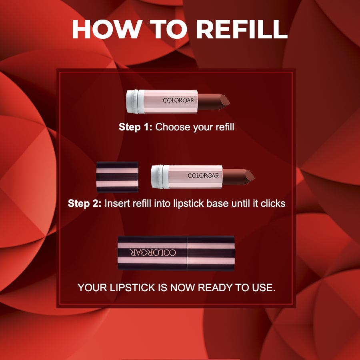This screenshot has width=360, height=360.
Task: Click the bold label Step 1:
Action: click(x=135, y=128)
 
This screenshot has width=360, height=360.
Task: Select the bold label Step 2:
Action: click(x=84, y=203)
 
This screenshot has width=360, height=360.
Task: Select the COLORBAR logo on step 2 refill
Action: click(x=203, y=176)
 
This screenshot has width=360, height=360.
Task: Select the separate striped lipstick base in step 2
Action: click(x=117, y=176)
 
